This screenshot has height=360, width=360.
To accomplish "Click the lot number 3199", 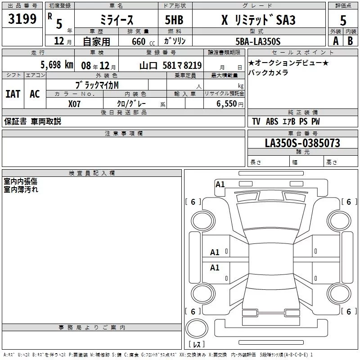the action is [x=22, y=19].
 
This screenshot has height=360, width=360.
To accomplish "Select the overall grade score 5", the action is [x=343, y=20].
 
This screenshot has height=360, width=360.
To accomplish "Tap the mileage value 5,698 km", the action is [x=57, y=65].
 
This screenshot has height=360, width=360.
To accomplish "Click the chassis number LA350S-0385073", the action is [x=302, y=143].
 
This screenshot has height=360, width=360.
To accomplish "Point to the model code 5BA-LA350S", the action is [x=258, y=41].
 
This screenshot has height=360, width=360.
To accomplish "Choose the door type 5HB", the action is [x=174, y=20].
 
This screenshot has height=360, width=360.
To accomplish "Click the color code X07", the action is [x=74, y=104].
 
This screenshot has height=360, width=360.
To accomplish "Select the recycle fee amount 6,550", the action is [x=226, y=104].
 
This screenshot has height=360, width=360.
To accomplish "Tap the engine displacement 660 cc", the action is [x=143, y=42].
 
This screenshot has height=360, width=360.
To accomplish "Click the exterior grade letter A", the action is [x=336, y=41].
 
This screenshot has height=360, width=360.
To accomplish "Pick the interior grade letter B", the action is [x=350, y=41].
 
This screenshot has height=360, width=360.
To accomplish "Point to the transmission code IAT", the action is [x=13, y=94].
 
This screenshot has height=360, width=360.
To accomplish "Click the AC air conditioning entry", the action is [x=35, y=94].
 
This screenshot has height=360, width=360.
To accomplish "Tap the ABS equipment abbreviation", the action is [x=272, y=121].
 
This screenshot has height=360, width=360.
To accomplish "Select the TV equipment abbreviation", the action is [x=256, y=121].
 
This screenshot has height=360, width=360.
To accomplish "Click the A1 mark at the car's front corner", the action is [x=220, y=184].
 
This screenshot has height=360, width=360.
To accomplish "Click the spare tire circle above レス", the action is [x=197, y=328].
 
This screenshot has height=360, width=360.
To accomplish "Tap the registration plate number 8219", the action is [x=193, y=66].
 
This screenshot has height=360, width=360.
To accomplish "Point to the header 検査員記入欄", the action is [x=92, y=173].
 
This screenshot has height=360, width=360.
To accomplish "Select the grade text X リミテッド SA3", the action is [x=258, y=20].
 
